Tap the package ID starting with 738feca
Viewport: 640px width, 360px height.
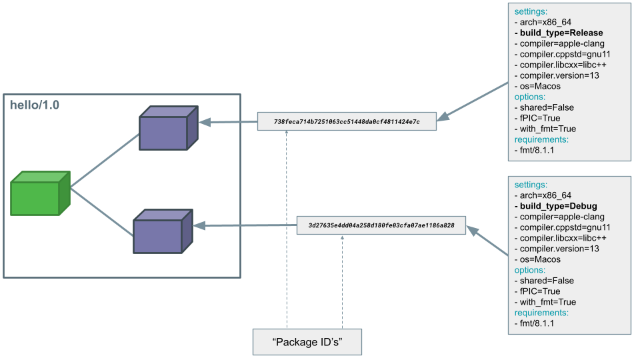[x=347, y=122]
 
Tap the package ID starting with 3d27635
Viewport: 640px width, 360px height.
[x=381, y=226]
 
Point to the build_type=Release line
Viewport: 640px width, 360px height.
[x=559, y=33]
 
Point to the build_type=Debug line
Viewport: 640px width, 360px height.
[x=556, y=206]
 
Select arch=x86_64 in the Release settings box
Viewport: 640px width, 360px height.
[x=544, y=22]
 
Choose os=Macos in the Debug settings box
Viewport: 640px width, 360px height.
[x=538, y=259]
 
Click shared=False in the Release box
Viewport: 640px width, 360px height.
[x=544, y=107]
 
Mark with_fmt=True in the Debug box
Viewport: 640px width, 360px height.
[x=546, y=302]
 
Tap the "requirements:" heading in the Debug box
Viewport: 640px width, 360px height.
[x=541, y=313]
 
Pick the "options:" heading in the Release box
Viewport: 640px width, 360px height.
[x=530, y=97]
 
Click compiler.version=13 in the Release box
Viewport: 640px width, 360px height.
[x=557, y=75]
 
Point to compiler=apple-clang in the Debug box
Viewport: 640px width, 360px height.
[x=559, y=217]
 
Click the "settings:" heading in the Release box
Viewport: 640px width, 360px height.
[x=531, y=11]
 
